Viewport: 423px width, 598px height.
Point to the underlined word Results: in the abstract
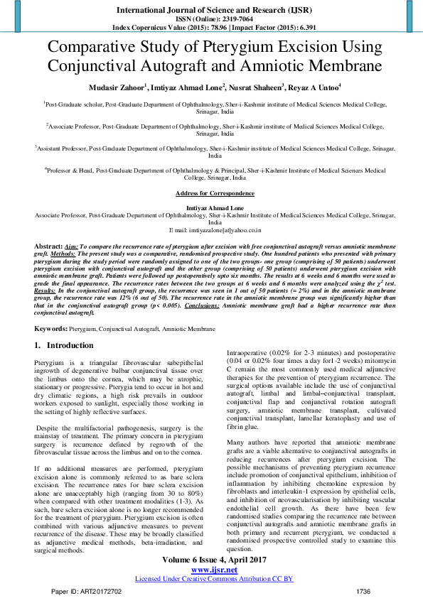click(x=46, y=290)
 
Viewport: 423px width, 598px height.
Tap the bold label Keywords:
click(x=50, y=330)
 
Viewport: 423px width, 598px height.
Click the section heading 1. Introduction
click(x=64, y=346)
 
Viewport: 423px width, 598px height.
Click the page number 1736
click(x=364, y=590)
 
